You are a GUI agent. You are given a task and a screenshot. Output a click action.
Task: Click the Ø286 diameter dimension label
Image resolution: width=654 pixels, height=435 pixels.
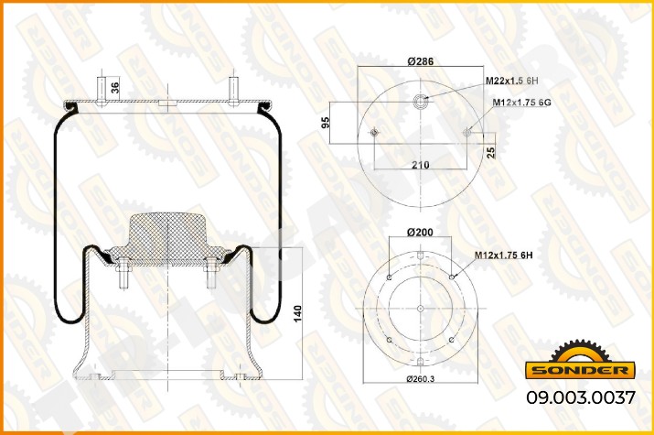click(x=421, y=61)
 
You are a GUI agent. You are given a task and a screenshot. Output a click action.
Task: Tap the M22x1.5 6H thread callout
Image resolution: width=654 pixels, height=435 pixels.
click(x=512, y=81)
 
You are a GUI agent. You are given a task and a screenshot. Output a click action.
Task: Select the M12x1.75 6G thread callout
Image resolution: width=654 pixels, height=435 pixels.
click(x=521, y=103)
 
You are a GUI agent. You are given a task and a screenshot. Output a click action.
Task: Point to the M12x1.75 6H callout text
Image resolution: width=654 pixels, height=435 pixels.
click(x=503, y=256)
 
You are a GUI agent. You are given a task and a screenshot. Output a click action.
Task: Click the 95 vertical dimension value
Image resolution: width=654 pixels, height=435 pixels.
click(x=326, y=123)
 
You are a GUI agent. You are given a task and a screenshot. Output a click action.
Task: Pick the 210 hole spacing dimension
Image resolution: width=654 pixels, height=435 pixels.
click(x=421, y=165)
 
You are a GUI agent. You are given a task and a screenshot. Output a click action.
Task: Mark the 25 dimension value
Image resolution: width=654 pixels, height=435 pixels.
click(x=491, y=152)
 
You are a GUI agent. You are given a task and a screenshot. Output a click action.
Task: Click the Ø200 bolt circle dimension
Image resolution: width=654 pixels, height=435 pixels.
click(x=420, y=232)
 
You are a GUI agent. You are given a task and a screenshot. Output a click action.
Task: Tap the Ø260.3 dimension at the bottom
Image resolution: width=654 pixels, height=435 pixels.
click(x=421, y=378)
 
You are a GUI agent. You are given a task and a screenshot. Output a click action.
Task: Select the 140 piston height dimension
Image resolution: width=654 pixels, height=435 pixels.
click(x=297, y=313)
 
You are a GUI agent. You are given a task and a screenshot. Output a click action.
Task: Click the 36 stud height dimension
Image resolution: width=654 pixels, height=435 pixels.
click(x=114, y=88)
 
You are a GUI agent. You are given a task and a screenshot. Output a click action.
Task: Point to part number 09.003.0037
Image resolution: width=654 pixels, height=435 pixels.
click(x=581, y=397)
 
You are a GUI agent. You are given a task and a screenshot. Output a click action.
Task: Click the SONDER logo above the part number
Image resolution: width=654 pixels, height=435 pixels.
click(x=580, y=360)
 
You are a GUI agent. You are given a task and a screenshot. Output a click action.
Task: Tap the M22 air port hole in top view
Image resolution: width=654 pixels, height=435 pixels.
click(x=421, y=101)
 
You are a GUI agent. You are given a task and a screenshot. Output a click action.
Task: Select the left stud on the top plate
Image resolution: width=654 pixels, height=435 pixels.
click(x=102, y=91)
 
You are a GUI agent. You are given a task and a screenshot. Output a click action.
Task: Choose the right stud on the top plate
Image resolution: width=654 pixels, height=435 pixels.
click(x=233, y=91)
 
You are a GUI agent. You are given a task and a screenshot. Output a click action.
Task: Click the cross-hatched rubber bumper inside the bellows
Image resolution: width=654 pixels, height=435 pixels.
click(x=167, y=239)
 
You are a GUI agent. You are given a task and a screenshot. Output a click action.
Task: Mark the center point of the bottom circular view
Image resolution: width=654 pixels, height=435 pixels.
click(x=421, y=309)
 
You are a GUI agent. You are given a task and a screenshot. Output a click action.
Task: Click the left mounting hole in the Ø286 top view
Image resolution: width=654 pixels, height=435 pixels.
click(x=374, y=133)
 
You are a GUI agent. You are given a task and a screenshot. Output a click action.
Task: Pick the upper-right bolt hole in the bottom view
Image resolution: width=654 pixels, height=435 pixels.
click(x=452, y=277)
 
